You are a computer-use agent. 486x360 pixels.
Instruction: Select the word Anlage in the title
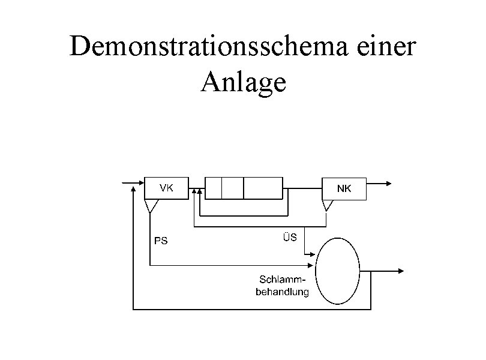tap(244, 82)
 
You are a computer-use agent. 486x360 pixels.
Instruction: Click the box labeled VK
tap(166, 188)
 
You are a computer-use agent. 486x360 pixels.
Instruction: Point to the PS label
tap(161, 242)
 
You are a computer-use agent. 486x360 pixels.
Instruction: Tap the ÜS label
tap(290, 238)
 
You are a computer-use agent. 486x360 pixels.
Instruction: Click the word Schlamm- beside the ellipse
tap(282, 281)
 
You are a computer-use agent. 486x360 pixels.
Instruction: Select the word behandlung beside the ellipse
tap(282, 292)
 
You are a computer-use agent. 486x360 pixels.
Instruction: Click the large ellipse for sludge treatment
tap(338, 272)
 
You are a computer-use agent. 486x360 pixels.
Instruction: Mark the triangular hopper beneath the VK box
tap(151, 206)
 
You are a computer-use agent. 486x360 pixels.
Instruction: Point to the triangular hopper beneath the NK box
tap(328, 205)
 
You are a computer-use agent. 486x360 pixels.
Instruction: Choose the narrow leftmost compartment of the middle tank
tap(213, 188)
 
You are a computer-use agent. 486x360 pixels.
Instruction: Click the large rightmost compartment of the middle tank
tap(263, 188)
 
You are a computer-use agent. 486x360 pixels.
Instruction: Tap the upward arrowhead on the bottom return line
tap(133, 187)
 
